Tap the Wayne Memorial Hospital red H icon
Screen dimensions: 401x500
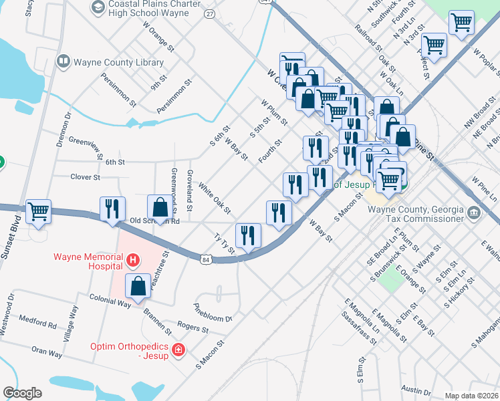click(133, 259)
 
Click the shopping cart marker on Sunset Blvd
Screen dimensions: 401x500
click(39, 211)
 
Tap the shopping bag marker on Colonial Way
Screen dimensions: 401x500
click(138, 286)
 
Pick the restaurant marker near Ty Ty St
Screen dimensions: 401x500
click(248, 235)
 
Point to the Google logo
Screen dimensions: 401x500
click(22, 393)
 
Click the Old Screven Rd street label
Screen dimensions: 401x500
click(154, 221)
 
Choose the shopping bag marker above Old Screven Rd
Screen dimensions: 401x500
click(160, 207)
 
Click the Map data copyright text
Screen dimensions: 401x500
click(472, 395)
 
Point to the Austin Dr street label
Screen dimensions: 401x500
click(416, 392)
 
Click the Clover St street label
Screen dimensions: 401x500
click(86, 177)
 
